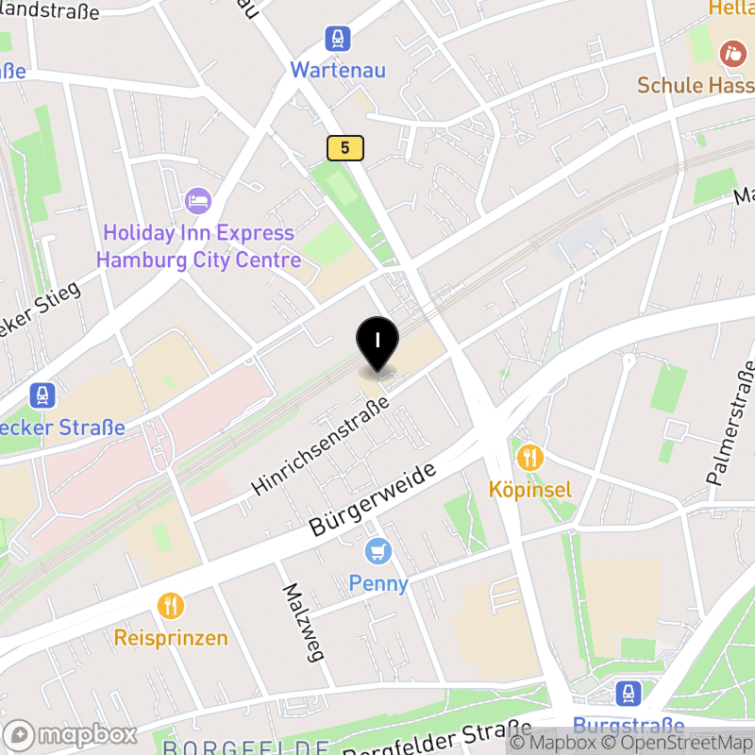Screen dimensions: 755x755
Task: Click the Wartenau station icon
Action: point(337,40)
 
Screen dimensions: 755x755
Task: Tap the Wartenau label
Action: point(337,70)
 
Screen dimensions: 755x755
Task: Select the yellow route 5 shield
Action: point(345,147)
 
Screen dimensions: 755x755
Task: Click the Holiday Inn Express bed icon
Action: point(198,200)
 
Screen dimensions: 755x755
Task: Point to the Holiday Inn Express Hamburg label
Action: point(199,246)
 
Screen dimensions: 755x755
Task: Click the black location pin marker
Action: point(377,342)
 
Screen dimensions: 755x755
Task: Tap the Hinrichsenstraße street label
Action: point(321,446)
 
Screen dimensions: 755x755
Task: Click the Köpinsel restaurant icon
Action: point(530,459)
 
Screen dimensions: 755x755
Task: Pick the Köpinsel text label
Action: point(530,490)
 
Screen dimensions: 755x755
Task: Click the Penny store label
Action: point(378,583)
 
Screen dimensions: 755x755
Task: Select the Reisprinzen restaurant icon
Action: point(171,605)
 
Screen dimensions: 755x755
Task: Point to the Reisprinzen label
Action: point(171,638)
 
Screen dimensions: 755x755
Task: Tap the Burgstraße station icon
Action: point(629,695)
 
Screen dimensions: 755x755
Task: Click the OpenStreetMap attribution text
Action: point(675,743)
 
